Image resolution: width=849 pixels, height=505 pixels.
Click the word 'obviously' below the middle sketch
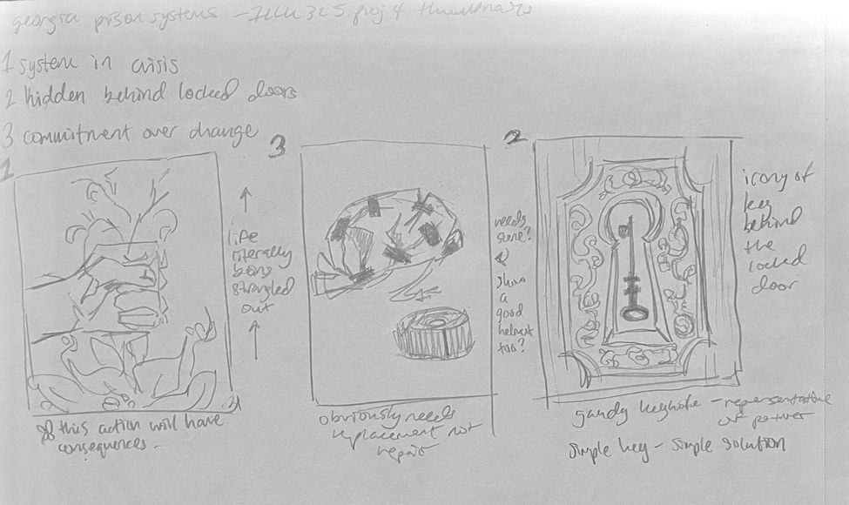(x=354, y=420)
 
